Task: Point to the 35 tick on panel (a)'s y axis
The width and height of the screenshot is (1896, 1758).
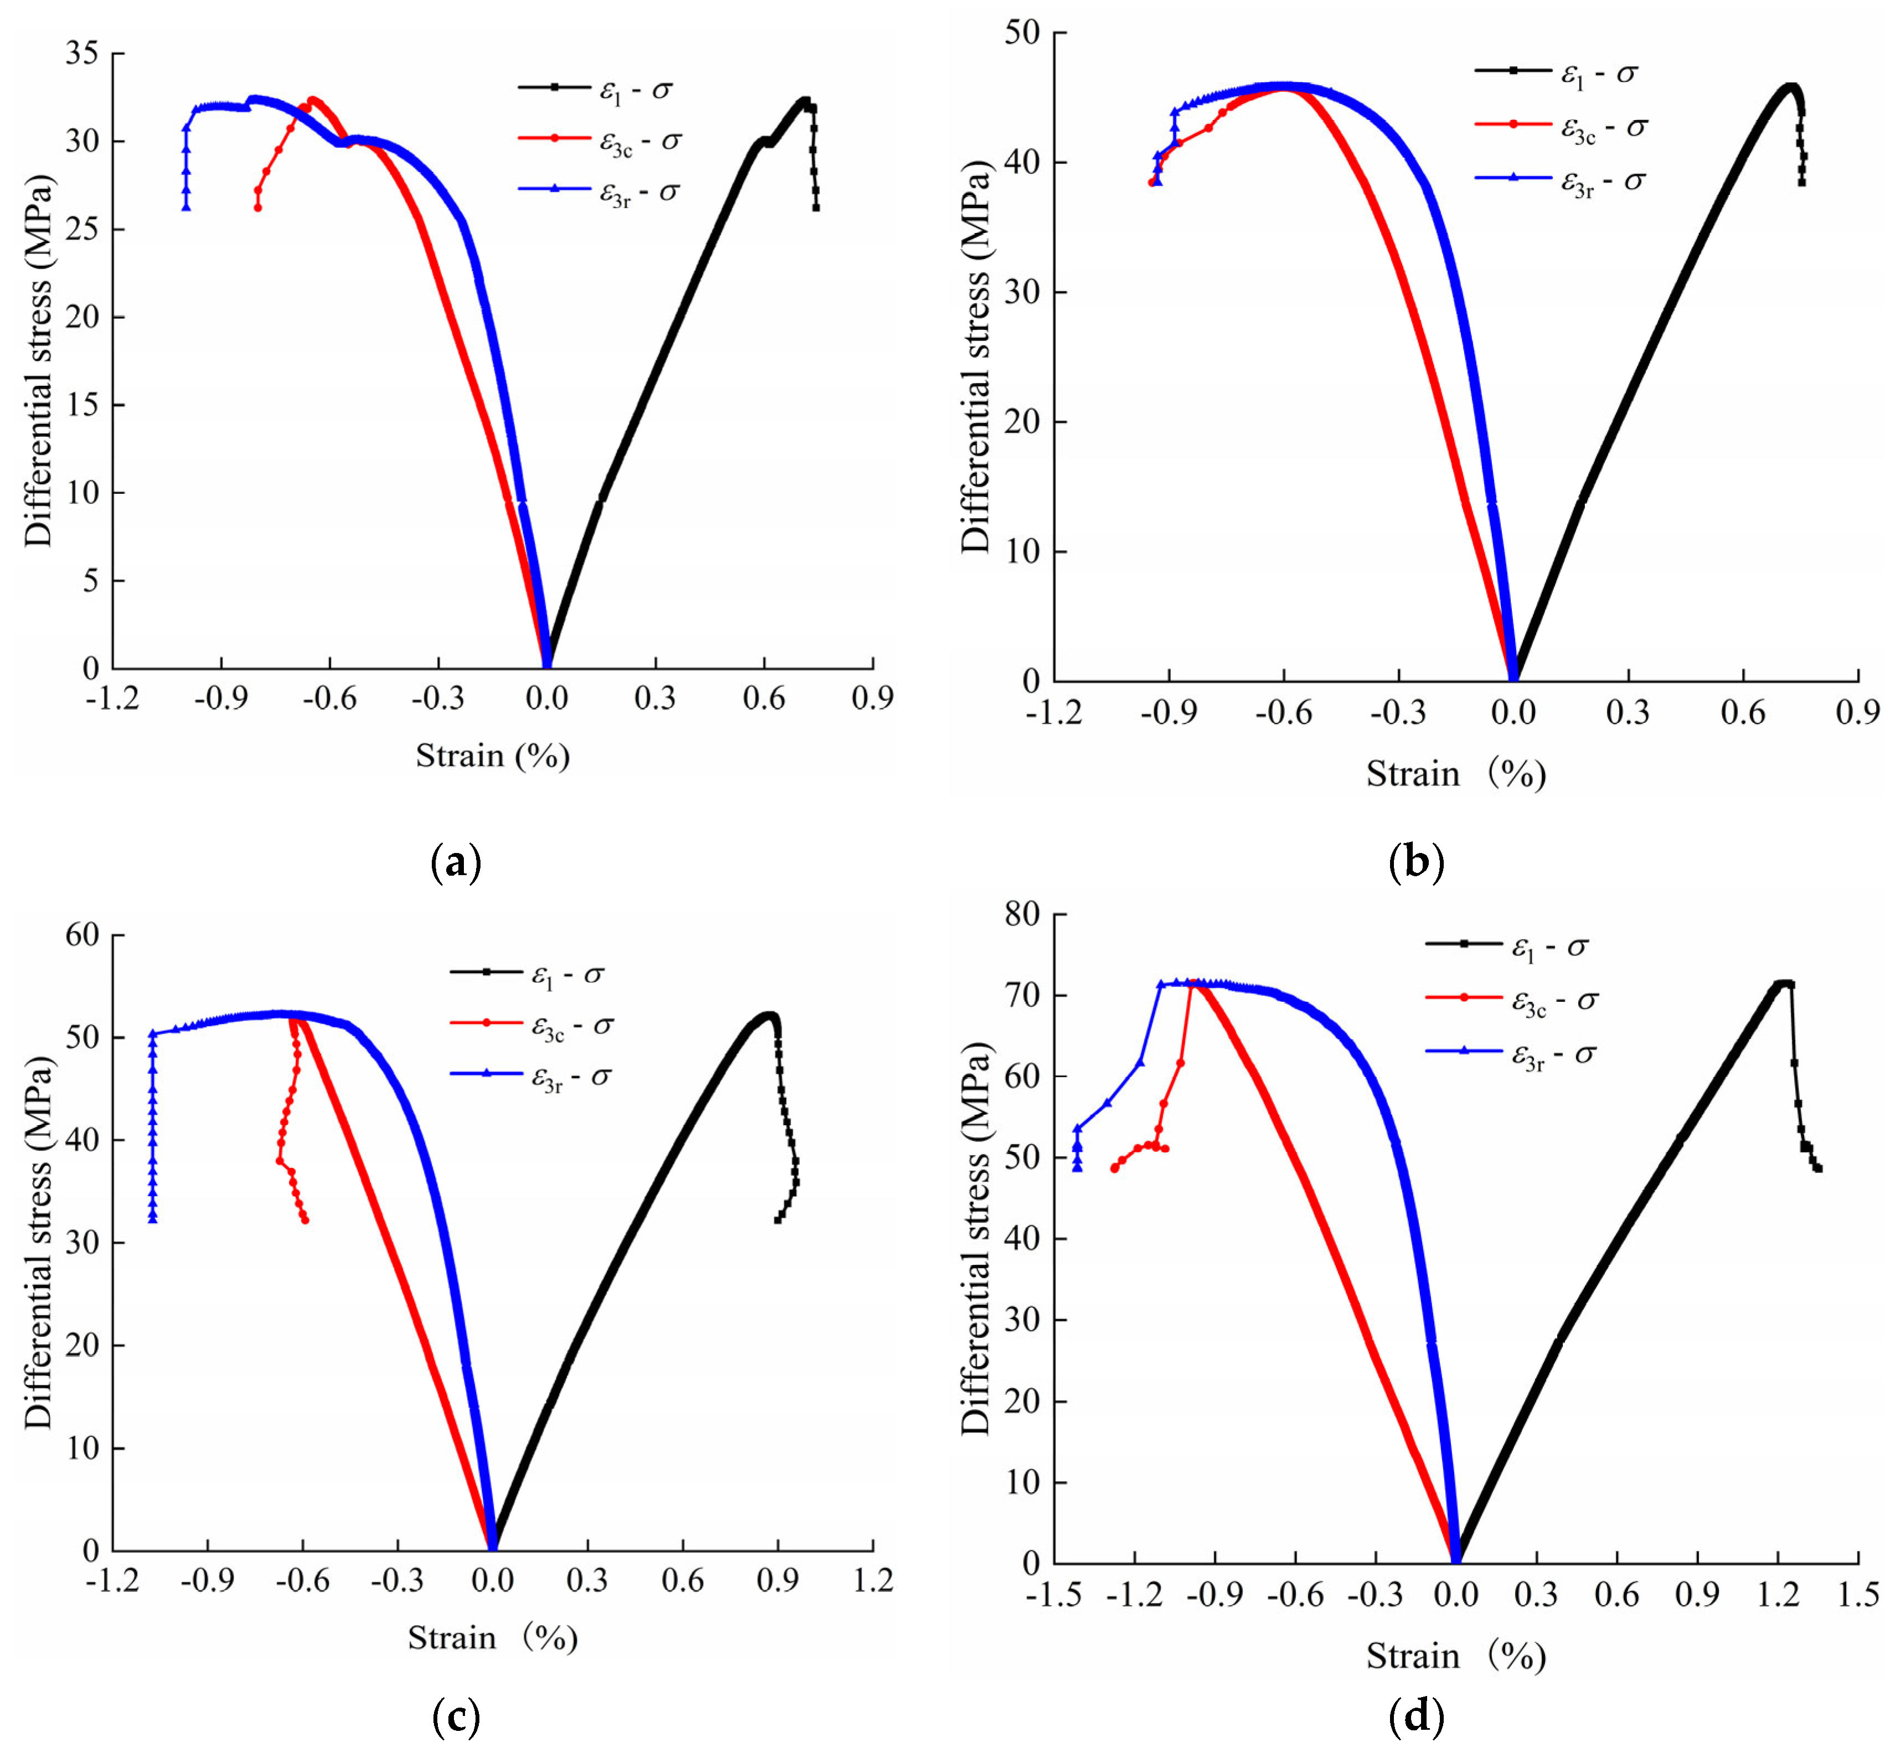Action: tap(82, 53)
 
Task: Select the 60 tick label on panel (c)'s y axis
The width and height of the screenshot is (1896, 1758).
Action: tap(82, 935)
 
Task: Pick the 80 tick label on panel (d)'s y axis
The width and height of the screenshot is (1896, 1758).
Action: tap(1022, 915)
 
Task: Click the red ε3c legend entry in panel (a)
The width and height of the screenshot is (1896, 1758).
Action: tap(600, 141)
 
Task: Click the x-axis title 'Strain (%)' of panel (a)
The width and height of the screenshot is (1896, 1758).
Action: tap(493, 756)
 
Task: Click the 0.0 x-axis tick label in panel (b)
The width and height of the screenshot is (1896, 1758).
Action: tap(1512, 712)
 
